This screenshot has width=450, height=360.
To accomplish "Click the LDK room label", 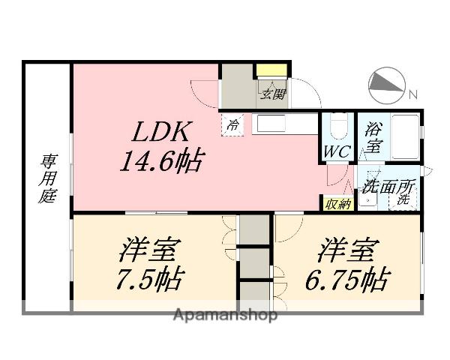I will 164,133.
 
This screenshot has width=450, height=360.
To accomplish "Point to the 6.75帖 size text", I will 346,280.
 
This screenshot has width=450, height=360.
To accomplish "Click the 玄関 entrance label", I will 273,94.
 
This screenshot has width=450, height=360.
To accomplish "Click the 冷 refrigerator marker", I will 234,124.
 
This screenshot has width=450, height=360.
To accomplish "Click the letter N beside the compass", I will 412,94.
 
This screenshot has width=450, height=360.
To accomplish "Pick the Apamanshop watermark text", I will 226,314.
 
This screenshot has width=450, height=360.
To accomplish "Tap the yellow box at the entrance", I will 267,71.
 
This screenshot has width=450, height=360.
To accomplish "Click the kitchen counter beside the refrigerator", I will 286,124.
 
